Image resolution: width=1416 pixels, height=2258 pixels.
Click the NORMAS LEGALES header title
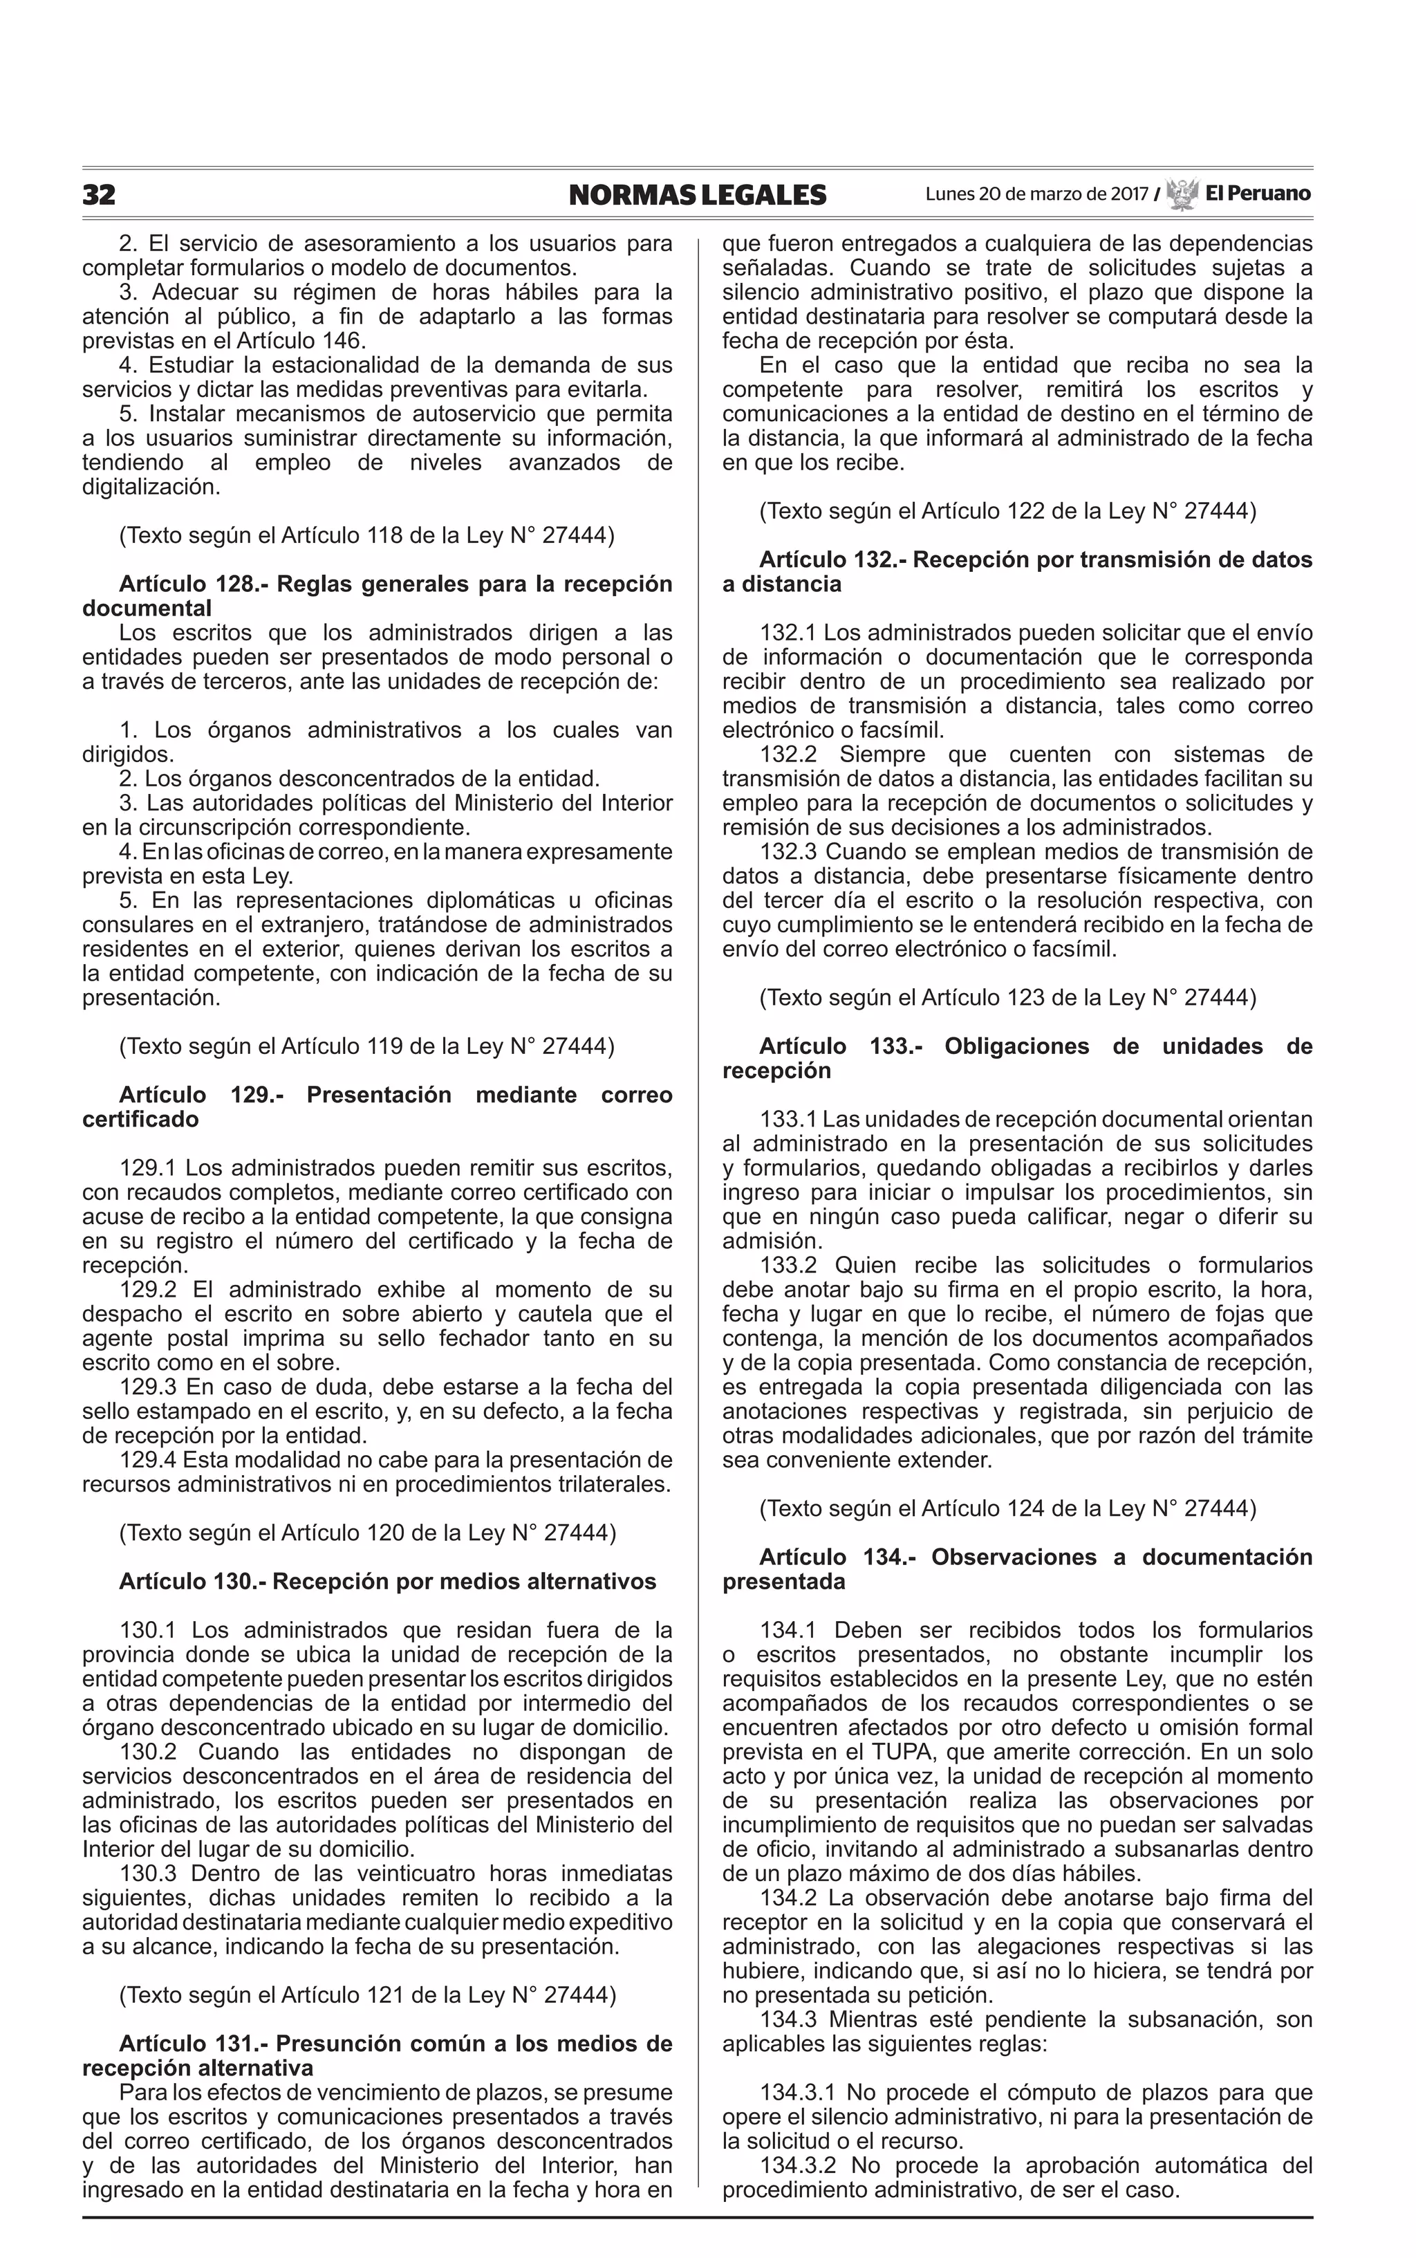pos(698,195)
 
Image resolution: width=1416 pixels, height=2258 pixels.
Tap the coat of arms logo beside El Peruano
pos(1183,194)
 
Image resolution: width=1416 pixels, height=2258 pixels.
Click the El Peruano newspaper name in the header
pos(1258,194)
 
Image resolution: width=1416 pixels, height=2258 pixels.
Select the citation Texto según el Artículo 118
pos(366,536)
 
